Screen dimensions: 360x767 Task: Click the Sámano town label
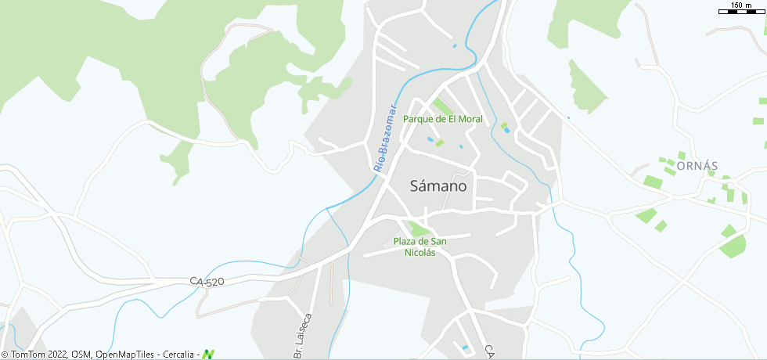pyautogui.click(x=438, y=186)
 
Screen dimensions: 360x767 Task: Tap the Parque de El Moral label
pyautogui.click(x=443, y=119)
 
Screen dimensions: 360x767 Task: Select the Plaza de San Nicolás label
pyautogui.click(x=420, y=247)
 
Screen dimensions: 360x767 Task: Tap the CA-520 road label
pyautogui.click(x=207, y=281)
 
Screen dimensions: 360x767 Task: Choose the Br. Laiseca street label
pyautogui.click(x=303, y=337)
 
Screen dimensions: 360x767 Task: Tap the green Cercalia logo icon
pyautogui.click(x=208, y=354)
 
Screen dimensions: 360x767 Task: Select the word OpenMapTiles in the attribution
pyautogui.click(x=125, y=355)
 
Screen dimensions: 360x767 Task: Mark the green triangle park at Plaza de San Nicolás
pyautogui.click(x=419, y=229)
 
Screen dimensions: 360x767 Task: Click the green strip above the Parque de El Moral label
pyautogui.click(x=442, y=106)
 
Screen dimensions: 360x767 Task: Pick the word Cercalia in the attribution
pyautogui.click(x=178, y=355)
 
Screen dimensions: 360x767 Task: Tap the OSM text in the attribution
pyautogui.click(x=81, y=355)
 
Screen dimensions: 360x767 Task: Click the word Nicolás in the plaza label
pyautogui.click(x=420, y=253)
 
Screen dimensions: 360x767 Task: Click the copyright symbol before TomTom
pyautogui.click(x=5, y=355)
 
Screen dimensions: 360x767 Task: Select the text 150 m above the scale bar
pyautogui.click(x=741, y=5)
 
